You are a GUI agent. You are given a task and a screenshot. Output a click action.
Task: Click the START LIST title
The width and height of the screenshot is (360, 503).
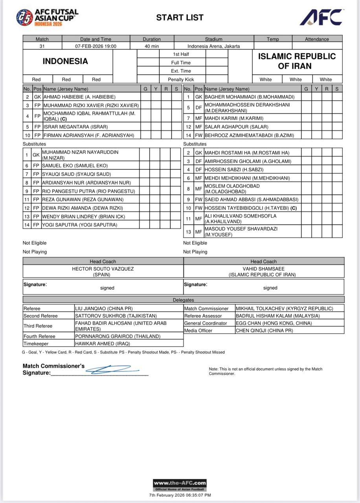click(180, 18)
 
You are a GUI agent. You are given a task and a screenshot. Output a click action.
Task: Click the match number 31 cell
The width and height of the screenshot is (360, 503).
click(42, 46)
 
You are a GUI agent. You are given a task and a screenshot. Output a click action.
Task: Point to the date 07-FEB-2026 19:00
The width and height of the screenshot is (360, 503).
click(96, 46)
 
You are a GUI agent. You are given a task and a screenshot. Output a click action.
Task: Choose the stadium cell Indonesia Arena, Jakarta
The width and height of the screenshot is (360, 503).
click(213, 46)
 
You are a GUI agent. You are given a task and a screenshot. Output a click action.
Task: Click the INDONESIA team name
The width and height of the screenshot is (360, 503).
click(65, 61)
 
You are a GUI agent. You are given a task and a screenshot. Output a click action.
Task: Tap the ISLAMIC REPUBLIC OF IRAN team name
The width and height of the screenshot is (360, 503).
click(297, 61)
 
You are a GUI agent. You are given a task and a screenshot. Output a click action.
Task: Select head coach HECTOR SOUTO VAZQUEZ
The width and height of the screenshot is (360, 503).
click(103, 269)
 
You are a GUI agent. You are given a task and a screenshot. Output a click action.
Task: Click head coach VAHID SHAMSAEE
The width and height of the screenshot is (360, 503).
click(263, 269)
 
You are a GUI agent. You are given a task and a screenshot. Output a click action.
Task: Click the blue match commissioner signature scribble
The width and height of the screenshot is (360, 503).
click(112, 369)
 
